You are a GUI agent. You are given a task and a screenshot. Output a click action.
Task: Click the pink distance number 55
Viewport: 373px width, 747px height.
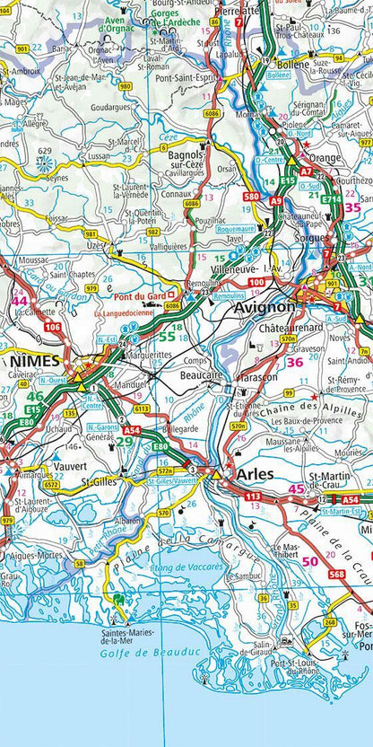click(167, 336)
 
